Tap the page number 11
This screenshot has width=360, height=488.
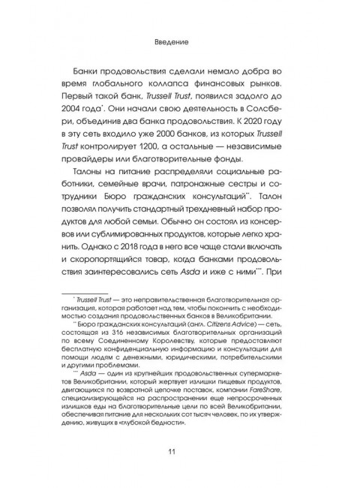pos(179,450)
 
